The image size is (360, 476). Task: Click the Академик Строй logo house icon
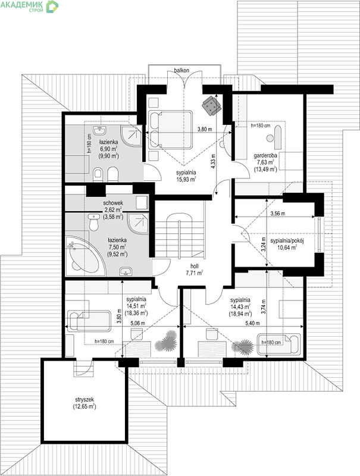52,6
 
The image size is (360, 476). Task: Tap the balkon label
181,70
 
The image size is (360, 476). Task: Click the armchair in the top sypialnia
212,105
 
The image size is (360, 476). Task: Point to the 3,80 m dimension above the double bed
205,129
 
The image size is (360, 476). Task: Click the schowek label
113,203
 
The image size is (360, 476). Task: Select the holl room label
194,266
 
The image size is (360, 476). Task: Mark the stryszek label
84,400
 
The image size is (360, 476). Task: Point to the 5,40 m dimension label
252,323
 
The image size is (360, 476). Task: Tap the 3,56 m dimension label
278,214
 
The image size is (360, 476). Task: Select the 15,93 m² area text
186,179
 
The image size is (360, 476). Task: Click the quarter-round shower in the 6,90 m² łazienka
132,136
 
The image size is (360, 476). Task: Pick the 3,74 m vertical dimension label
263,306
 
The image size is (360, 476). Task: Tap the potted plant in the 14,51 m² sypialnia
166,341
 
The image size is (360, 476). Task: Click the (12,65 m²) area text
84,406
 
